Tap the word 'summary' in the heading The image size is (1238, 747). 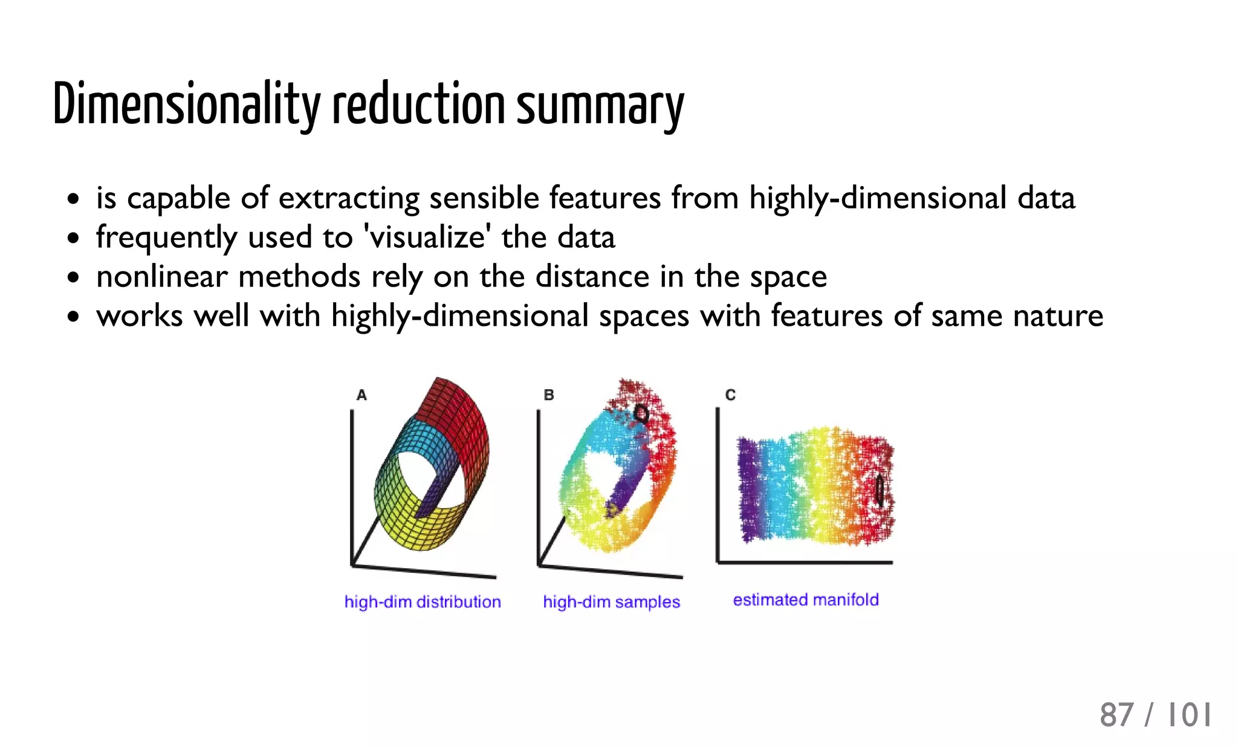[x=600, y=106]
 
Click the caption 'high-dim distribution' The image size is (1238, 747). [x=423, y=602]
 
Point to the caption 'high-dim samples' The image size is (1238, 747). [x=611, y=602]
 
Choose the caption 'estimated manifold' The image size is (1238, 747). [x=806, y=600]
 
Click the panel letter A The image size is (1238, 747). [x=361, y=395]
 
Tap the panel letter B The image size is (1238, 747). [x=549, y=395]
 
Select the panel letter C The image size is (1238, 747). [x=730, y=395]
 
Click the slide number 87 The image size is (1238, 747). [x=1116, y=715]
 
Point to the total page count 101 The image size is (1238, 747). [x=1189, y=715]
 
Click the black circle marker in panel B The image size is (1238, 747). [x=641, y=413]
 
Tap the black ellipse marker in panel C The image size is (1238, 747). [x=880, y=490]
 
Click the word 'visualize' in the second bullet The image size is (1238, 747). [x=428, y=237]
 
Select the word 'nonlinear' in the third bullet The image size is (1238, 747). [x=161, y=277]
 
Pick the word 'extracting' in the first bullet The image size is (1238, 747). [x=349, y=198]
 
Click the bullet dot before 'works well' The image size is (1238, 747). [x=73, y=316]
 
